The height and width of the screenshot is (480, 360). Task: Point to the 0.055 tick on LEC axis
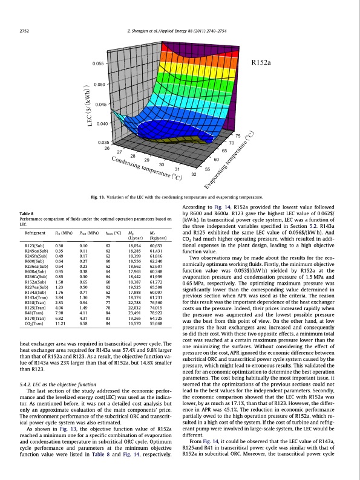(x=99, y=63)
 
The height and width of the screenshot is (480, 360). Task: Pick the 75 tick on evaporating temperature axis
(x=238, y=136)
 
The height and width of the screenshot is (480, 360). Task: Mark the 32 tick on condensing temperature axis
(x=194, y=175)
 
